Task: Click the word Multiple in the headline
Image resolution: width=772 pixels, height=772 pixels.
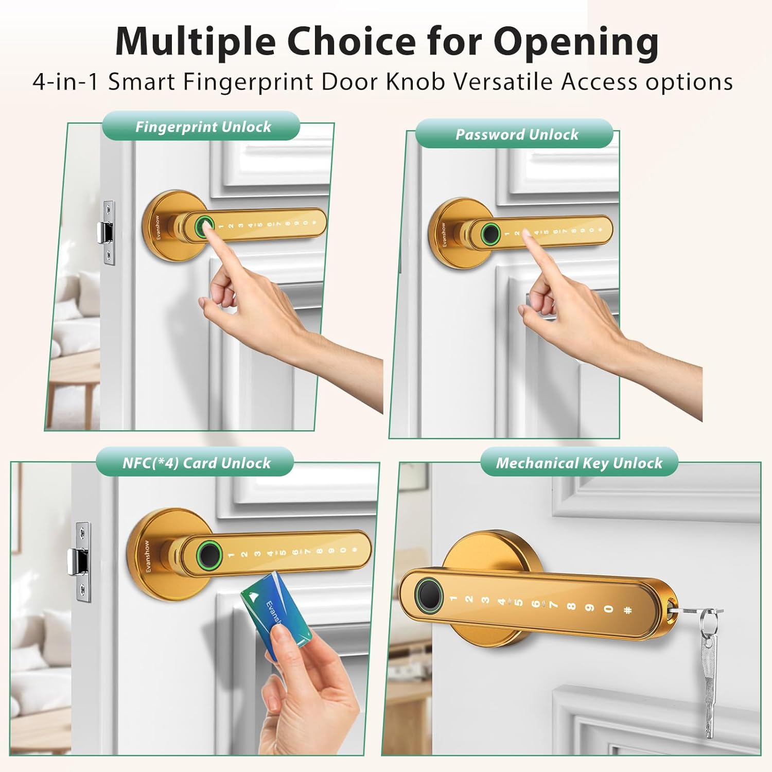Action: [x=195, y=41]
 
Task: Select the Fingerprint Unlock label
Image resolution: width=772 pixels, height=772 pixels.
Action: [x=203, y=127]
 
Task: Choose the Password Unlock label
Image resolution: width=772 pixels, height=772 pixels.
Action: [x=517, y=134]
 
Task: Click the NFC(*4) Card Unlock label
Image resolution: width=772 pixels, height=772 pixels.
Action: [x=196, y=463]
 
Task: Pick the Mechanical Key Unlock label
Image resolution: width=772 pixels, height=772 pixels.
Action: [x=579, y=463]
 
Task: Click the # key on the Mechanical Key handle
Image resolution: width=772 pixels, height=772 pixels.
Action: [x=627, y=611]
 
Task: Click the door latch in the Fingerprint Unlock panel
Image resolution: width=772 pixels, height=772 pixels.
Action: [x=106, y=233]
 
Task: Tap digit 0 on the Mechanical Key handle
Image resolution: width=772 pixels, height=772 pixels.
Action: [x=609, y=609]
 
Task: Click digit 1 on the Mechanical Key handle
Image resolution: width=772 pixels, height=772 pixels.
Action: [x=453, y=599]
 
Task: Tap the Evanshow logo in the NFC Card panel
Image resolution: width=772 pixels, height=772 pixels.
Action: [x=148, y=556]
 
